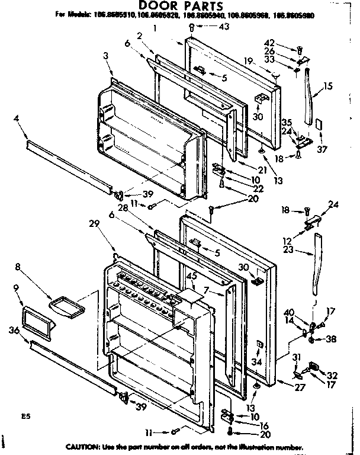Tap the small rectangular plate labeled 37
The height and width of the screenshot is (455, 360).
click(317, 125)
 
